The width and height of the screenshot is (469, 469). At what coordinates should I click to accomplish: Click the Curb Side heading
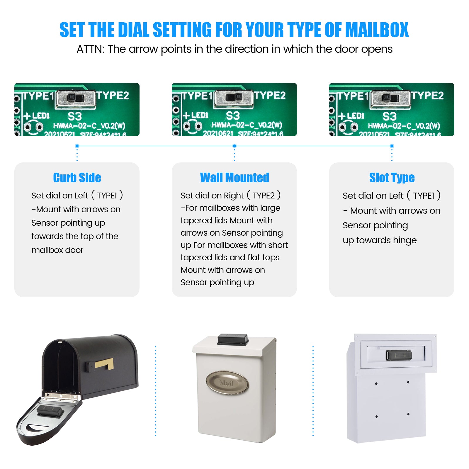[77, 178]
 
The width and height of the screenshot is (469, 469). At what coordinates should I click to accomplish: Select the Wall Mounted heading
[235, 178]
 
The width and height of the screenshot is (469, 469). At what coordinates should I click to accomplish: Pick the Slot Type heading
[392, 178]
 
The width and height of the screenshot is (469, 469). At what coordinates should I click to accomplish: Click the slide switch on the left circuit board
[76, 98]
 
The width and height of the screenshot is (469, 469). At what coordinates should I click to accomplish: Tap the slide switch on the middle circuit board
[234, 98]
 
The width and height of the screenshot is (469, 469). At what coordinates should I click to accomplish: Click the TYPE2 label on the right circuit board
[427, 96]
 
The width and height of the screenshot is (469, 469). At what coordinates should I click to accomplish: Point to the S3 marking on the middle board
[233, 115]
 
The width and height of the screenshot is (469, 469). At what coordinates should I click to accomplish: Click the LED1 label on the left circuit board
[40, 115]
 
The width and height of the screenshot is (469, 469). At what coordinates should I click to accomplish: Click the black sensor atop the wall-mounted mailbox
[233, 339]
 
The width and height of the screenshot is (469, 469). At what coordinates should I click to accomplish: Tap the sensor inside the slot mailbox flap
[399, 355]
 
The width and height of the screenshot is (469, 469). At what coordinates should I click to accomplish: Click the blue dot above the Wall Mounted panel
[235, 146]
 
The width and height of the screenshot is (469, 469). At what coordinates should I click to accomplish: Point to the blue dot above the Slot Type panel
[392, 146]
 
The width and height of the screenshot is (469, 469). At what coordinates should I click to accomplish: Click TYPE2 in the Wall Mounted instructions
[264, 196]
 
